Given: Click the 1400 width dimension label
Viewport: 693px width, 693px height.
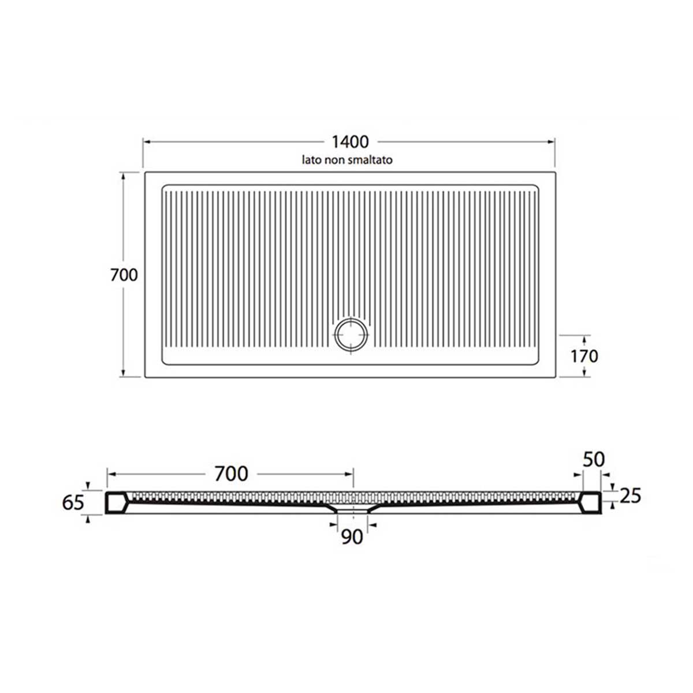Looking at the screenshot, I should click(x=350, y=141).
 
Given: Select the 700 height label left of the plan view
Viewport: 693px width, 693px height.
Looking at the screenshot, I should click(x=124, y=275).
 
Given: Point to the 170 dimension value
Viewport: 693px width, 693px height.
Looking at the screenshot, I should click(x=584, y=356).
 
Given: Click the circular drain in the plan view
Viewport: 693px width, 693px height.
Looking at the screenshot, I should click(x=351, y=334).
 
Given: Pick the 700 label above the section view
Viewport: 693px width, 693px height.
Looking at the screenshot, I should click(x=231, y=474).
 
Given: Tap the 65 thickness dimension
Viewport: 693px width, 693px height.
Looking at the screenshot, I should click(x=73, y=502).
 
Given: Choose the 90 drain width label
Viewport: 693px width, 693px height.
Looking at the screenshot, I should click(x=352, y=537).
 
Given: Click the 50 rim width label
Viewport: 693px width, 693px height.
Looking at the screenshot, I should click(x=593, y=460).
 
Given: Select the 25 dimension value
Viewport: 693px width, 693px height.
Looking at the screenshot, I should click(x=629, y=495).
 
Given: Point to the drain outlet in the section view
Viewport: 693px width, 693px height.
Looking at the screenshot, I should click(x=351, y=509).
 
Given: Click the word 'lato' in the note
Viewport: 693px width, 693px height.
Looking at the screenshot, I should click(x=310, y=159).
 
